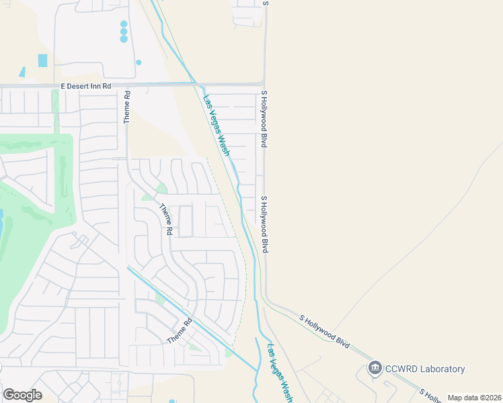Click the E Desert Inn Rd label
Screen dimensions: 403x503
85,87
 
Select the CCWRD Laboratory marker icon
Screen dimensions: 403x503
375,368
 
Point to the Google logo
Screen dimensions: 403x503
22,394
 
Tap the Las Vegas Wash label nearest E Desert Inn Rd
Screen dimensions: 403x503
217,125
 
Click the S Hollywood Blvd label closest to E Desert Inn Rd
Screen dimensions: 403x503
264,120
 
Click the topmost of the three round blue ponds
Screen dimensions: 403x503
124,24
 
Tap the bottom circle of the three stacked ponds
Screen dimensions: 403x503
124,39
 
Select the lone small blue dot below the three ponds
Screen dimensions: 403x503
139,62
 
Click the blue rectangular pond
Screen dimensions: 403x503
43,60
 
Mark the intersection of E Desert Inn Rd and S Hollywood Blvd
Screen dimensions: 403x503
264,85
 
